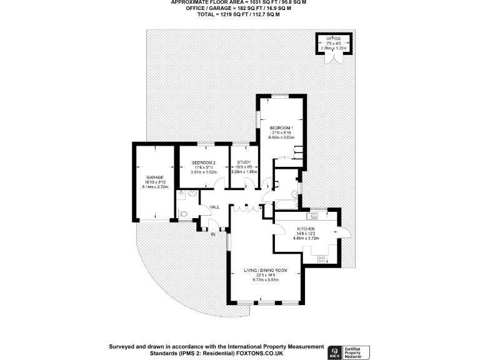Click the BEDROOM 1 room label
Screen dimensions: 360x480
coord(281,128)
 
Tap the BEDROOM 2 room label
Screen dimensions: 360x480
coord(203,163)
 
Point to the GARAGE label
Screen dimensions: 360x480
coord(155,177)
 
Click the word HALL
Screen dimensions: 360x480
coord(214,207)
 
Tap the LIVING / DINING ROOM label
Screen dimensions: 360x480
coord(266,270)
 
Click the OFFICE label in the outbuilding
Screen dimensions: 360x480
coord(333,39)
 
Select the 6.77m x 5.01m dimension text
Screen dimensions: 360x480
coord(266,280)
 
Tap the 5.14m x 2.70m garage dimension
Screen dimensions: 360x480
coord(155,187)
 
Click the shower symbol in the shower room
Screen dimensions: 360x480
coord(181,194)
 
